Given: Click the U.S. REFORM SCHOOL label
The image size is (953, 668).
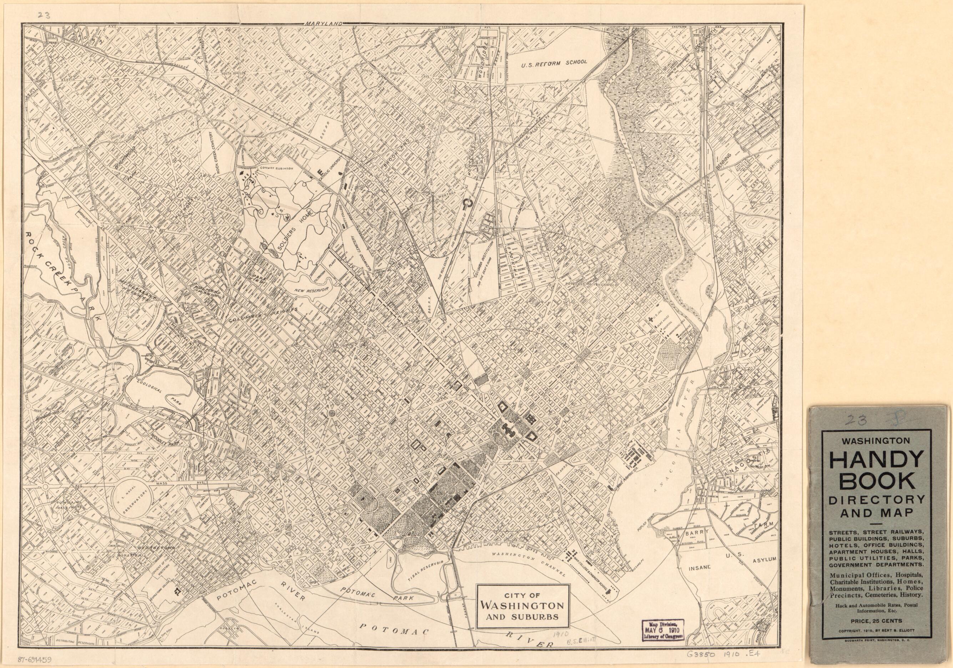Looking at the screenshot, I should [x=554, y=63].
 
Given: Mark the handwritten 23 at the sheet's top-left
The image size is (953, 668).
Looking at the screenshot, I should [x=43, y=14].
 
